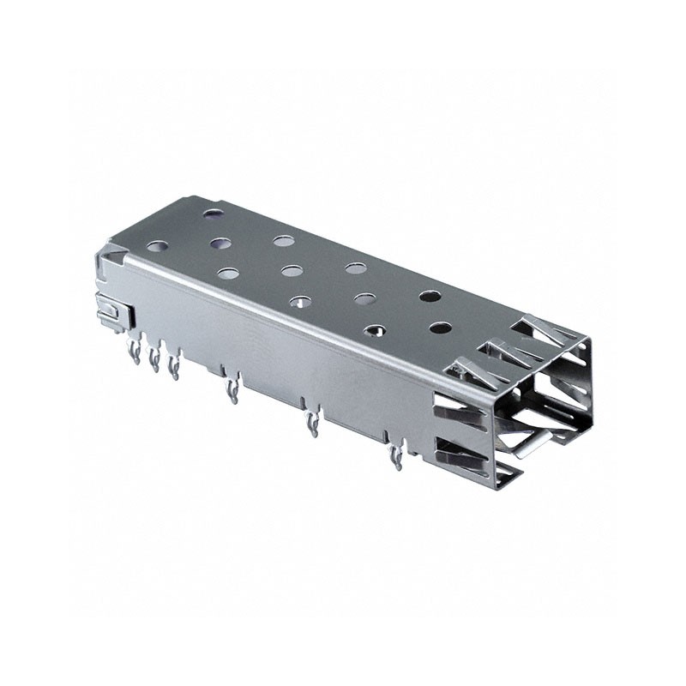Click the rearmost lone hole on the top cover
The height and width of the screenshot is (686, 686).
pos(213,212)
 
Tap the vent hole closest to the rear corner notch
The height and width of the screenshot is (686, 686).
pos(157,245)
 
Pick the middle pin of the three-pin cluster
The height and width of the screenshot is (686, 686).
pos(154,358)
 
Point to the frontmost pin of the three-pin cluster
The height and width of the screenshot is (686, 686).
pos(174,368)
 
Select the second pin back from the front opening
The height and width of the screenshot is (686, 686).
pos(312,424)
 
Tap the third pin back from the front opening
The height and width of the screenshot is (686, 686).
pos(231,391)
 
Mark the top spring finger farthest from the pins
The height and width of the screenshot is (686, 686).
pos(540,331)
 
